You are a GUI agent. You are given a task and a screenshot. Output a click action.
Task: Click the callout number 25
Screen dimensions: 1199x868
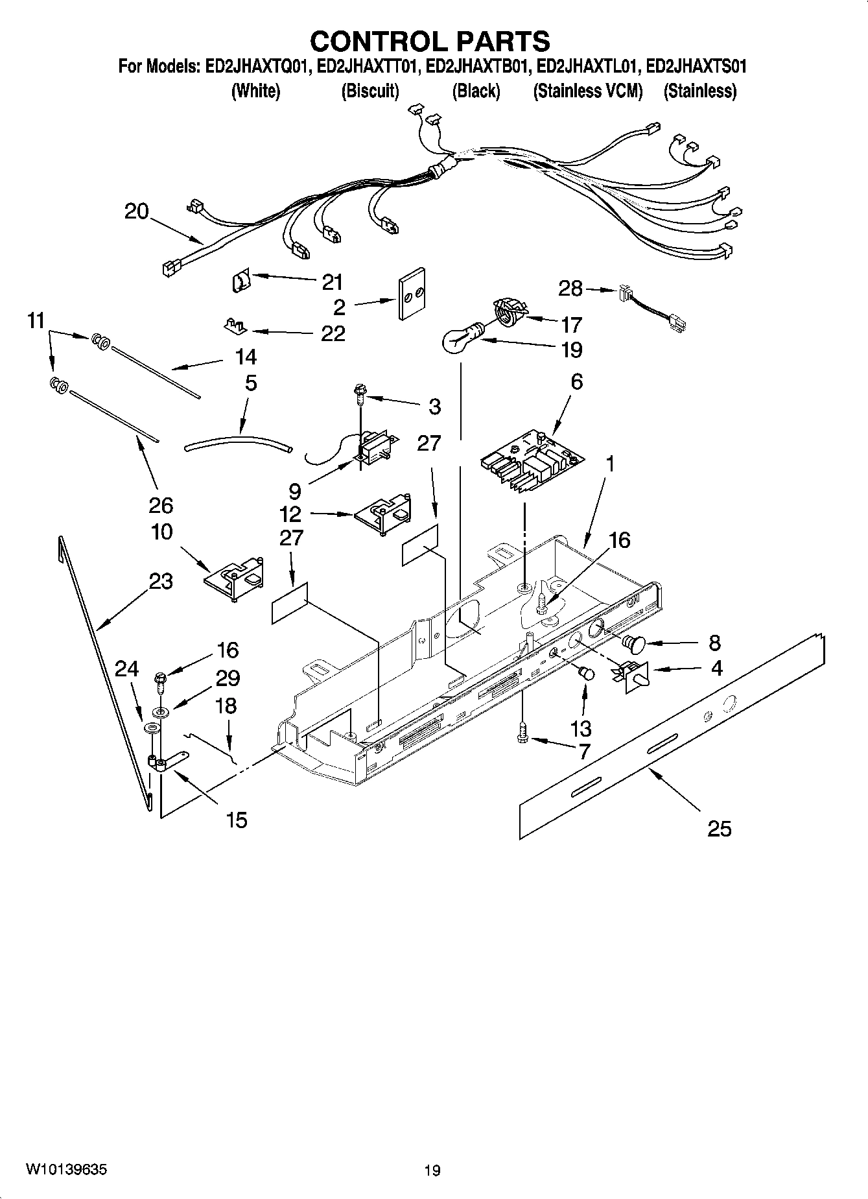(719, 828)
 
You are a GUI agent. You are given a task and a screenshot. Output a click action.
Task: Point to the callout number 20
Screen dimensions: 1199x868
(136, 211)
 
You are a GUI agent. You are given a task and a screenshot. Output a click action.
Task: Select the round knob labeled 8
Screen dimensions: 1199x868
(633, 643)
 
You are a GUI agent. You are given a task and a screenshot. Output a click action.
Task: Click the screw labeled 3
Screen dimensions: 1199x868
(358, 391)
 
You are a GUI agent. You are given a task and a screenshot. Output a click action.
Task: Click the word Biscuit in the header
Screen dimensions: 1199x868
(370, 91)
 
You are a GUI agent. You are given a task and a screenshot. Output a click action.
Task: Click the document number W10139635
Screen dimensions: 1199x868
(66, 1169)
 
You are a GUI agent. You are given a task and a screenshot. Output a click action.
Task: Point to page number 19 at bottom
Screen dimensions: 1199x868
(432, 1170)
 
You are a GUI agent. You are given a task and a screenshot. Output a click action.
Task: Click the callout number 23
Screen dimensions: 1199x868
(161, 581)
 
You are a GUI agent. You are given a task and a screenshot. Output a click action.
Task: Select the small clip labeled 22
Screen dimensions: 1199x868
(236, 324)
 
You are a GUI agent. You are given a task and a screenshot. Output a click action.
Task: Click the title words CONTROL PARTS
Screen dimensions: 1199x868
(430, 41)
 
